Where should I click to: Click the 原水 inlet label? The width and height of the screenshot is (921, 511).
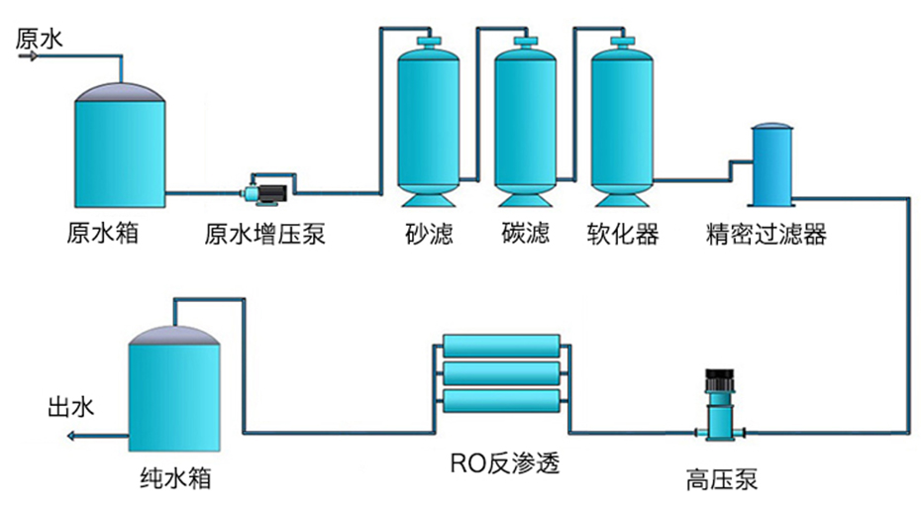(x=40, y=38)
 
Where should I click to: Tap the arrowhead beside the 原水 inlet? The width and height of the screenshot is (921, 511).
(x=31, y=56)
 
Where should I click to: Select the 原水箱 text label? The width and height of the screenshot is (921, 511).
(x=102, y=235)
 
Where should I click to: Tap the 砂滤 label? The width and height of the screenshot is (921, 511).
(x=428, y=235)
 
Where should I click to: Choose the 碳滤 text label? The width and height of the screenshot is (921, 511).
(x=525, y=235)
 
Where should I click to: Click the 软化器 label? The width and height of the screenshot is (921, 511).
(x=621, y=235)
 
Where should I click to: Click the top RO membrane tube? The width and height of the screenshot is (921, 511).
(x=502, y=346)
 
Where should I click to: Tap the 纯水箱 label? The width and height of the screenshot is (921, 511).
(x=174, y=481)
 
